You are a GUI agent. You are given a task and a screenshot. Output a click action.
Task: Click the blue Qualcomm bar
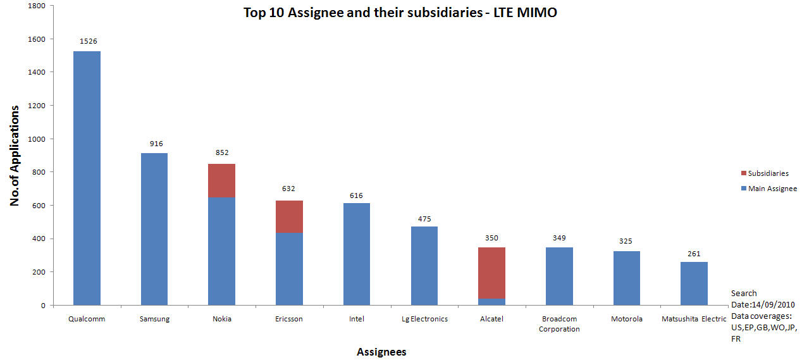point(87,178)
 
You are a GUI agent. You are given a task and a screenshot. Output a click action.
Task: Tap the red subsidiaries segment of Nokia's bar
point(221,180)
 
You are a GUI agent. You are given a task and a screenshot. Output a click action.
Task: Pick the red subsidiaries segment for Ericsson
point(289,216)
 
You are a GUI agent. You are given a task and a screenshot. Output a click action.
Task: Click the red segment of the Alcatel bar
point(491,273)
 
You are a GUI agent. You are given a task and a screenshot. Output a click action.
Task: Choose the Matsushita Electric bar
point(694,283)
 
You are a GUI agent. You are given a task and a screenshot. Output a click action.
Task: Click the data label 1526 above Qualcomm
point(88,41)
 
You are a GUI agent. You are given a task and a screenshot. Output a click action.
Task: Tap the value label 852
point(222,152)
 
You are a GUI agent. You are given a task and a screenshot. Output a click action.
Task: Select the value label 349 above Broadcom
point(559,237)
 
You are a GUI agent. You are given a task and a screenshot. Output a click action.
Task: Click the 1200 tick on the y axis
point(36,106)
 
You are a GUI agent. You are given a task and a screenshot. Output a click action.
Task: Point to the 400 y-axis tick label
point(39,239)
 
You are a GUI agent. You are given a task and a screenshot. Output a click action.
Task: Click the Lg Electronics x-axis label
point(424,319)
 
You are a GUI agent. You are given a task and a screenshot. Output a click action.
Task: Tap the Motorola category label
point(626,319)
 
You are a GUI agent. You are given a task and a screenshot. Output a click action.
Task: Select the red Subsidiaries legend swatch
point(743,173)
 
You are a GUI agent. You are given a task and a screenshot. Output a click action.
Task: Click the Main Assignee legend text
point(772,189)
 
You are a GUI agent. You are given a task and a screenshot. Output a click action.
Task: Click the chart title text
point(400,13)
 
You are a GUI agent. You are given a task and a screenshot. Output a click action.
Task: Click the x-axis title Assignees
point(381,352)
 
